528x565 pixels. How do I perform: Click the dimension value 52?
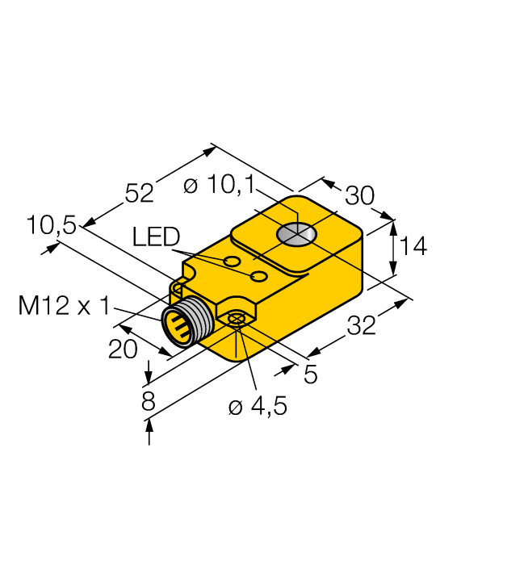[139, 193]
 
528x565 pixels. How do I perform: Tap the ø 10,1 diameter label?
[219, 186]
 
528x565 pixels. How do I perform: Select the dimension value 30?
[360, 196]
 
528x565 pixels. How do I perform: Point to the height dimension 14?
[413, 246]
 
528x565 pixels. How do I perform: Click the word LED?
[156, 237]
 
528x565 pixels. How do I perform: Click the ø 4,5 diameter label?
[258, 407]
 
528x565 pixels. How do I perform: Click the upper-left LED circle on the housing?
[233, 262]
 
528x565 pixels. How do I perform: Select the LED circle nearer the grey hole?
[259, 277]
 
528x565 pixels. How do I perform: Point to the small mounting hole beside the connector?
[236, 320]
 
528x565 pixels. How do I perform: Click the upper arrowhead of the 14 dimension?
[394, 227]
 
